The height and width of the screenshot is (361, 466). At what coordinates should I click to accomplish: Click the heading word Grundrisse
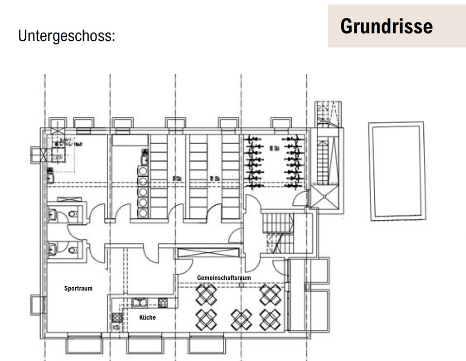[386, 26]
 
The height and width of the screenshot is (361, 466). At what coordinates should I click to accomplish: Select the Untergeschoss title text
[67, 36]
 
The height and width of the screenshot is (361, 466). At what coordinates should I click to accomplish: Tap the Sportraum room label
[78, 288]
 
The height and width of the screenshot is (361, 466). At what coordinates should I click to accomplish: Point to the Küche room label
[148, 317]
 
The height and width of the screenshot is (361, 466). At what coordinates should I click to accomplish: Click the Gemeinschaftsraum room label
[224, 277]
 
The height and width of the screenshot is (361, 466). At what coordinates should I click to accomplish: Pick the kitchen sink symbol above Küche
[140, 302]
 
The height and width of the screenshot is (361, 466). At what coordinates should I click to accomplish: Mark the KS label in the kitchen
[116, 328]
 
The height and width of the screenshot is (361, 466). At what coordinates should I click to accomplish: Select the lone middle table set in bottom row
[241, 319]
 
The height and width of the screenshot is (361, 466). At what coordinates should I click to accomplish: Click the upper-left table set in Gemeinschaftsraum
[206, 294]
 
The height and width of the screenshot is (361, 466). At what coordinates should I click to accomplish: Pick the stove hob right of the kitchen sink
[162, 302]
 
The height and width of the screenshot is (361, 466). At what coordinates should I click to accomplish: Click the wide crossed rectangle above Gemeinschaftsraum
[208, 253]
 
